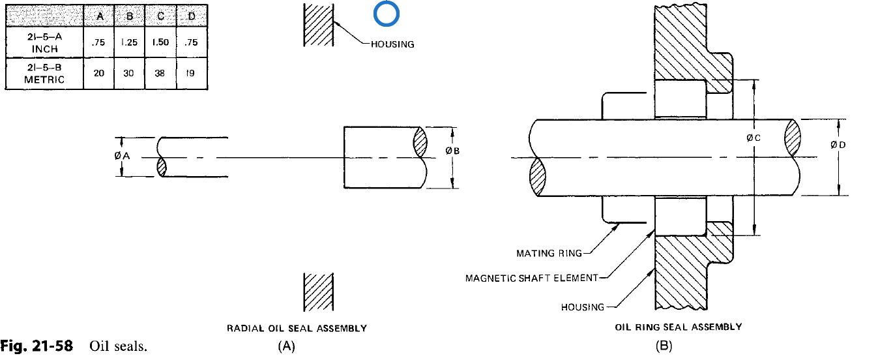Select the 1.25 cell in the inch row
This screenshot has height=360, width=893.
[x=128, y=42]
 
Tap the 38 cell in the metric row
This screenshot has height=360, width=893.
[x=159, y=74]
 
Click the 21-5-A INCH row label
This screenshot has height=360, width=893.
[x=45, y=43]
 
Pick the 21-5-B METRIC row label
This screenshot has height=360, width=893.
[x=44, y=74]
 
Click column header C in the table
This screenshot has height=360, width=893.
[x=159, y=15]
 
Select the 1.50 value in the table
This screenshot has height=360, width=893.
[x=159, y=42]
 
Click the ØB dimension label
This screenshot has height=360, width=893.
[x=452, y=151]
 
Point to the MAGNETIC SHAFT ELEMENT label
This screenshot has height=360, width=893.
[x=531, y=278]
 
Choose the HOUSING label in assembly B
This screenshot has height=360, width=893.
[x=582, y=307]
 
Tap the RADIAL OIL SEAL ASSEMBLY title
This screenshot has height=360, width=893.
[x=297, y=329]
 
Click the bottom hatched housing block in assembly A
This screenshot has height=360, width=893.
[x=319, y=292]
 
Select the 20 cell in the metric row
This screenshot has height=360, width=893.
[x=99, y=74]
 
